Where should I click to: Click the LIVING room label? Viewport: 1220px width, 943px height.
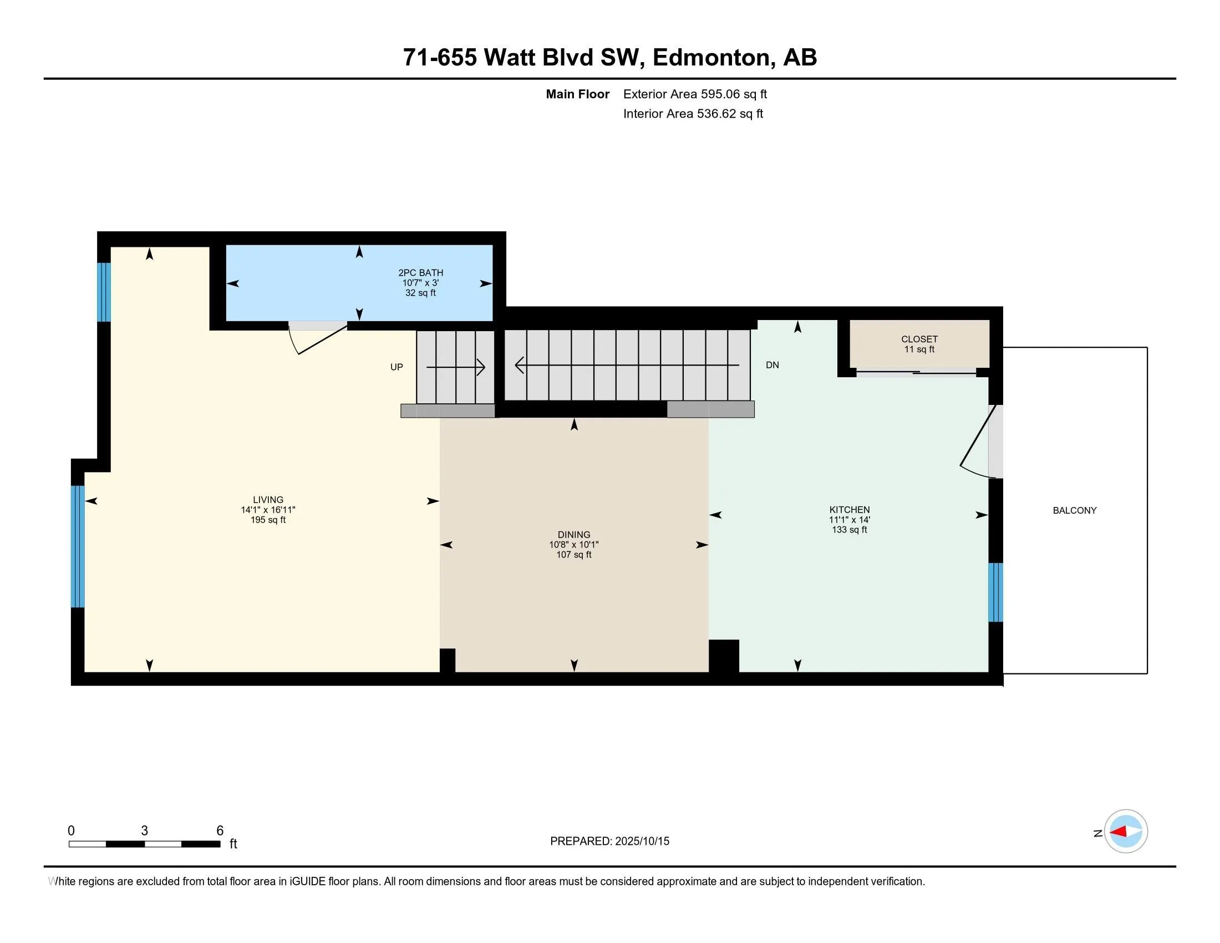coord(268,500)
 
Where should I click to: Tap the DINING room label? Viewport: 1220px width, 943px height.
coord(574,535)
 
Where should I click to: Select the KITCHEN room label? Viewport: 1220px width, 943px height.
coord(849,509)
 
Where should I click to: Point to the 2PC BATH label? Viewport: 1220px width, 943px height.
coord(421,272)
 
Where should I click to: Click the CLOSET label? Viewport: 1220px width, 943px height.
coord(919,339)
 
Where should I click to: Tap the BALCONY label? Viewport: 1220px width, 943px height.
coord(1074,510)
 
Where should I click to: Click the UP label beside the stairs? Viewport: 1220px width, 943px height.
coord(396,367)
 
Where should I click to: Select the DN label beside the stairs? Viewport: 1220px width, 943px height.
coord(772,365)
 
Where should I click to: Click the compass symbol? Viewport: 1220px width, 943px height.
coord(1126,832)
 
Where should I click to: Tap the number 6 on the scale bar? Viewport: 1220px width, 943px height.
coord(220,831)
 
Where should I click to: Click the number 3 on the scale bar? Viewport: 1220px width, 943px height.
coord(144,831)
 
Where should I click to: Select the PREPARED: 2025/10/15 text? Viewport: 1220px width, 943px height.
coord(609,841)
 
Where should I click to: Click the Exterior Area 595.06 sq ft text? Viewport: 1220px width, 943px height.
coord(695,94)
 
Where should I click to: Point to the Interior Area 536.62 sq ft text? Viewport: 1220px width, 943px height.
coord(693,113)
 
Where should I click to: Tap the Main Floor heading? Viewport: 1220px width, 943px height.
coord(577,94)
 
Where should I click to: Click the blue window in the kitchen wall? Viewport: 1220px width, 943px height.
coord(995,592)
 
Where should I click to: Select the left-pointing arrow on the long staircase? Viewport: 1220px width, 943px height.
coord(520,366)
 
